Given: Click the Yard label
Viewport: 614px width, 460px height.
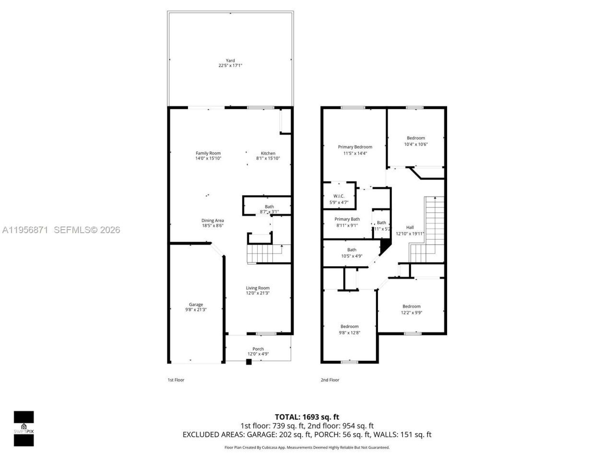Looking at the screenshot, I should pyautogui.click(x=230, y=60).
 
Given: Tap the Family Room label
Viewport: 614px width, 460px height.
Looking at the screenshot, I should pyautogui.click(x=208, y=153).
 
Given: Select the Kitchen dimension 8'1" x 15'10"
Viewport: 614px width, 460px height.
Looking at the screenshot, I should pyautogui.click(x=268, y=159).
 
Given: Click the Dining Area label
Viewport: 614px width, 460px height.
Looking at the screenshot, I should pyautogui.click(x=213, y=220).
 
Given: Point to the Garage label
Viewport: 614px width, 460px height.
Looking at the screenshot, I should pyautogui.click(x=196, y=304).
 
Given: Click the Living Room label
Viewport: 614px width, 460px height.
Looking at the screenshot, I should pyautogui.click(x=258, y=288).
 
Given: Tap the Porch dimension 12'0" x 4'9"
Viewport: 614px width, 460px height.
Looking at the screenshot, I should pyautogui.click(x=258, y=354).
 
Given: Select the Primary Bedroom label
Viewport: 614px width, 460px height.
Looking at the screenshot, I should pyautogui.click(x=355, y=147).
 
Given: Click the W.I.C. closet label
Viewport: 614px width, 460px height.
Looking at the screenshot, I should pyautogui.click(x=339, y=196).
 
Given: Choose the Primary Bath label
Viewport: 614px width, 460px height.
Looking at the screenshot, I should pyautogui.click(x=347, y=219).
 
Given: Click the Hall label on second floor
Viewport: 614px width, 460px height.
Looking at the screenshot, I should pyautogui.click(x=410, y=228).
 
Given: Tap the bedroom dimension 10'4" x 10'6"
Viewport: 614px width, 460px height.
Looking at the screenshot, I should pyautogui.click(x=416, y=144).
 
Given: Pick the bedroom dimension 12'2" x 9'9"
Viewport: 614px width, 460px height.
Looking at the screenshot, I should pyautogui.click(x=412, y=312).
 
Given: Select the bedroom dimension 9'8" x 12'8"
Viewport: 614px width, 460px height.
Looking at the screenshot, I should pyautogui.click(x=349, y=333).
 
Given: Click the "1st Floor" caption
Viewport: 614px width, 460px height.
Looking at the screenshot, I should pyautogui.click(x=176, y=380).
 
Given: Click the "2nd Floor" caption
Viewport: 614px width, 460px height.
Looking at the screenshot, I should pyautogui.click(x=330, y=380).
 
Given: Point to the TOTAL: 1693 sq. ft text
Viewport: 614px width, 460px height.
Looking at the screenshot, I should pyautogui.click(x=307, y=417).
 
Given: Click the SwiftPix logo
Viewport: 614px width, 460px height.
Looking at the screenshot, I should pyautogui.click(x=24, y=428).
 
